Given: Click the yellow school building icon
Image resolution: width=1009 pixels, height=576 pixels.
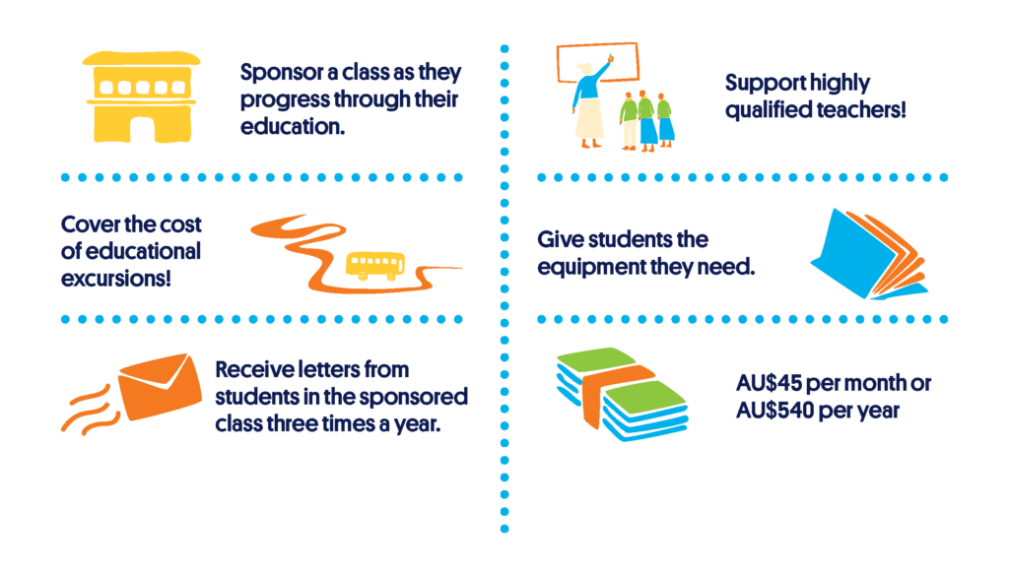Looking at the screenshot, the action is coord(141,97).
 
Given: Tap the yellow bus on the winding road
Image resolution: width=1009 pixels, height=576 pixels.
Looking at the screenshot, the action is coord(375,266).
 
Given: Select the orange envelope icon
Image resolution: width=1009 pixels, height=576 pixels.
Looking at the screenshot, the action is coord(161,386).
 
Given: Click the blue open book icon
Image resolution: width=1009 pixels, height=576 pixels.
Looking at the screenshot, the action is coord(869,254).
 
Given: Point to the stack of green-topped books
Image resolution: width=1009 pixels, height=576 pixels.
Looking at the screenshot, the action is coord(623,394).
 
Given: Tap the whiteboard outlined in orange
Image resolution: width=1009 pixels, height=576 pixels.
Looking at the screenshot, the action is coord(598,62).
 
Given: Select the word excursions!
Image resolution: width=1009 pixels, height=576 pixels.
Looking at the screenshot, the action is coord(116,279).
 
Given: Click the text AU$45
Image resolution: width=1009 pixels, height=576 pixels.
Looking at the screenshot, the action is coord(769,383).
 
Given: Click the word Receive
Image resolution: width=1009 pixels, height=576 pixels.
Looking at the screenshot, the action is coord(251,369).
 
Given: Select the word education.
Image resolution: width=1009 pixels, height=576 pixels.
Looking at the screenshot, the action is coord(292,126).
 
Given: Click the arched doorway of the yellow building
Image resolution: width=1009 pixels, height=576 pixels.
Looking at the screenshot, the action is coord(142,129).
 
